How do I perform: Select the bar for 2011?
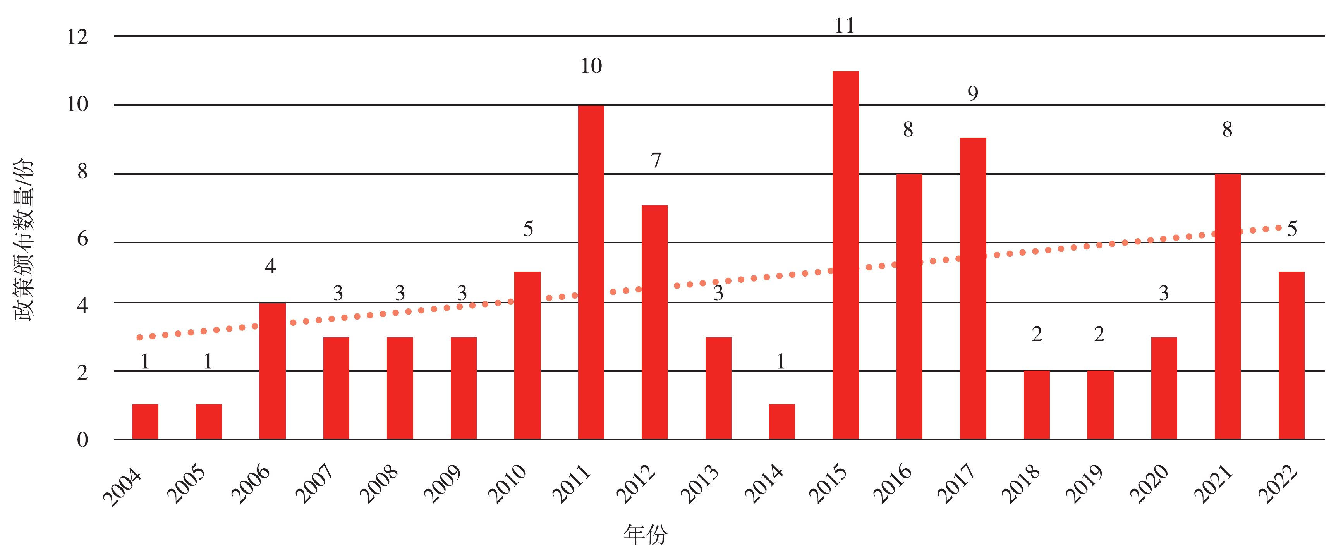tap(591, 272)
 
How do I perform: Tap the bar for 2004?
tap(145, 422)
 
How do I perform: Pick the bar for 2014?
tap(781, 422)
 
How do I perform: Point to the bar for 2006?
tap(272, 371)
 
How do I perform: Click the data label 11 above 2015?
tap(844, 26)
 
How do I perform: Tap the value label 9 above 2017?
tap(972, 93)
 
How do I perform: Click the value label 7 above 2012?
tap(656, 160)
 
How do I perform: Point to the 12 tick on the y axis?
tap(77, 37)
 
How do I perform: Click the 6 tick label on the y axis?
tap(82, 239)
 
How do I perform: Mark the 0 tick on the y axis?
tap(82, 440)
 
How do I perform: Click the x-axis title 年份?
tap(645, 534)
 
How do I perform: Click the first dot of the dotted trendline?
tap(139, 337)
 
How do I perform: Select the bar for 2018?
tap(1036, 405)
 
